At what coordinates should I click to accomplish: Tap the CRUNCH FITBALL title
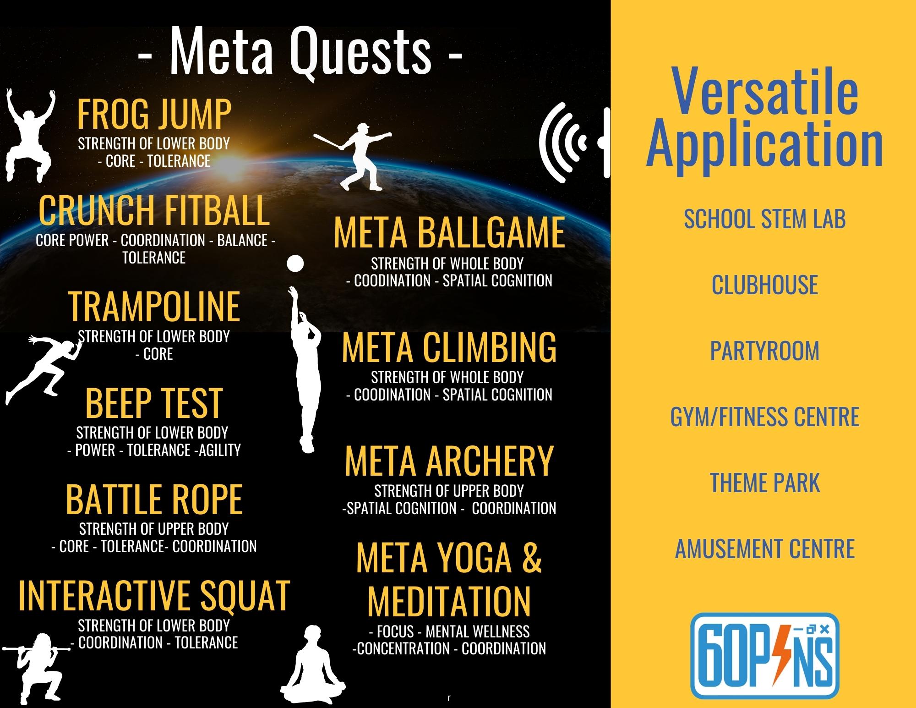[x=154, y=210]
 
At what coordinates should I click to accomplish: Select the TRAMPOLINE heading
[x=154, y=307]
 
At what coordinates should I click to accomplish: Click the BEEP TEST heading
[x=154, y=403]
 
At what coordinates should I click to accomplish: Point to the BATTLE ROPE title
[x=154, y=499]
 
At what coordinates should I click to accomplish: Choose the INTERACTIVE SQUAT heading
[x=154, y=595]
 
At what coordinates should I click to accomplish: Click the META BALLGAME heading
[x=449, y=233]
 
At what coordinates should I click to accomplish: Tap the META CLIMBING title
[x=449, y=347]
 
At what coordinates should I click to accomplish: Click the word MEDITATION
[x=449, y=601]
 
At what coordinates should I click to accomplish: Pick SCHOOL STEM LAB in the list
[x=764, y=219]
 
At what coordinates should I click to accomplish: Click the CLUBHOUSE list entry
[x=764, y=285]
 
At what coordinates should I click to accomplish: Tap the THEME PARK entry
[x=764, y=483]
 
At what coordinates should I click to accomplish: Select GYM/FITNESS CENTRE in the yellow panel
[x=764, y=417]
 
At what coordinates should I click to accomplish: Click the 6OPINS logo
[x=764, y=655]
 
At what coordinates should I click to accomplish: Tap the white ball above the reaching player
[x=295, y=263]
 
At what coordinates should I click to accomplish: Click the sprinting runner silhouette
[x=44, y=369]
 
